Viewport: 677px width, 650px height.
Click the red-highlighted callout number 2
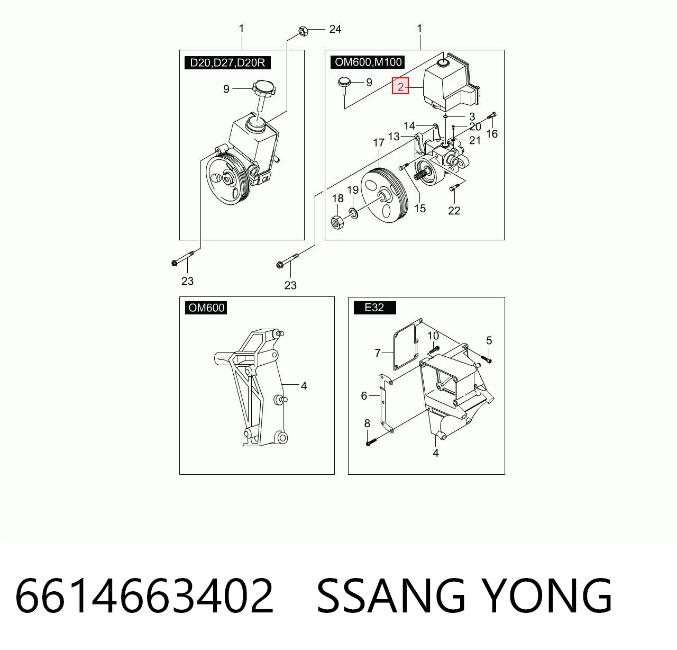(x=400, y=86)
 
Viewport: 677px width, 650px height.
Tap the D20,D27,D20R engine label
(x=227, y=62)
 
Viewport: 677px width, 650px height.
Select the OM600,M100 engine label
(x=368, y=62)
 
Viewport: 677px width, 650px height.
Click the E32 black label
(x=374, y=308)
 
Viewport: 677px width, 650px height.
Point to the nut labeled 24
(x=303, y=31)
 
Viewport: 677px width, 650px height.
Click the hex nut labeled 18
(x=337, y=222)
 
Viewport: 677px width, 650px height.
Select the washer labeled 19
(x=353, y=213)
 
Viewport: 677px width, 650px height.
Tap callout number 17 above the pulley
(x=379, y=143)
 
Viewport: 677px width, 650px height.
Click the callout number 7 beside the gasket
(x=378, y=353)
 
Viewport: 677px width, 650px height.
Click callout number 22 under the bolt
(x=454, y=211)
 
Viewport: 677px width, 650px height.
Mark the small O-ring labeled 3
(x=446, y=118)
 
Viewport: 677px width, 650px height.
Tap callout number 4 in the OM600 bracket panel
(x=304, y=386)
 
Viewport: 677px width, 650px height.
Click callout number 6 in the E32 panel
(x=364, y=396)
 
